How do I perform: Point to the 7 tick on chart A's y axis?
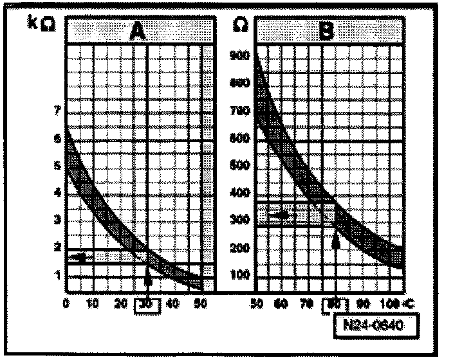(x=58, y=111)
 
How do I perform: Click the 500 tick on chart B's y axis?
(x=239, y=165)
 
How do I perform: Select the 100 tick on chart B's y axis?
(x=239, y=274)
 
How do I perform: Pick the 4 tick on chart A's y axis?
(x=58, y=192)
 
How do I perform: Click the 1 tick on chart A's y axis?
(x=58, y=274)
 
